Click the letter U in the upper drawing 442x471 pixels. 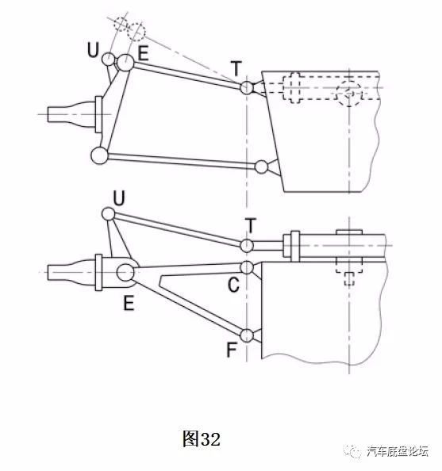(93, 50)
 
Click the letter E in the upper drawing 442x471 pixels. (143, 53)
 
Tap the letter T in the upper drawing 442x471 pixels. (236, 68)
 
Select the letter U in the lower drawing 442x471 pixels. (119, 198)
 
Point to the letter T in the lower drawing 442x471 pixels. (251, 226)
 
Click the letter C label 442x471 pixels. (233, 285)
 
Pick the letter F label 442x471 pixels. (231, 350)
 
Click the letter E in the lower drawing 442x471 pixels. (129, 303)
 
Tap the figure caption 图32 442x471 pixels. (202, 438)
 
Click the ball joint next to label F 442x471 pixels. (247, 335)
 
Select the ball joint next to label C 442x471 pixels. (247, 267)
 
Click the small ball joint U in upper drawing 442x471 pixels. (108, 59)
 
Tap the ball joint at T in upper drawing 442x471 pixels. (247, 88)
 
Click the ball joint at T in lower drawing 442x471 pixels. (247, 246)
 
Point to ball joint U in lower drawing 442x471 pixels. (108, 214)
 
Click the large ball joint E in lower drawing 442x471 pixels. (125, 273)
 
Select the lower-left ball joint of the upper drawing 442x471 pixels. (99, 155)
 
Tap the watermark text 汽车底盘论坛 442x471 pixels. (398, 450)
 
